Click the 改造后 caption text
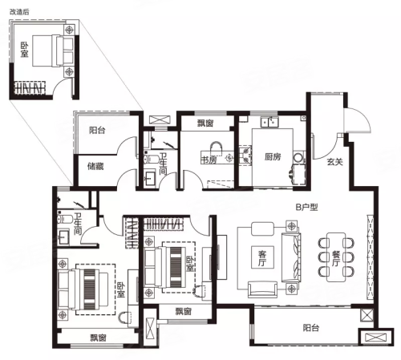[19, 12]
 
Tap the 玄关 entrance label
[334, 162]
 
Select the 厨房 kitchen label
[273, 156]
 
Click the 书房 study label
[209, 160]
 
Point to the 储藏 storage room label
[95, 167]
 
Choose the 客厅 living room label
[262, 258]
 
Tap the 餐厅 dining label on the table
[335, 258]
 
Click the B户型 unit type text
[307, 207]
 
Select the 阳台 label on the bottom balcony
[311, 328]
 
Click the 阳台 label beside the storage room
[97, 131]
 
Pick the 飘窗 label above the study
[205, 123]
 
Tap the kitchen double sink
[269, 122]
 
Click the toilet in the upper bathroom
[150, 159]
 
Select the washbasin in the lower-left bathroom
[64, 237]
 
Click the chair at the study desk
[217, 148]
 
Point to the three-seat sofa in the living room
[291, 257]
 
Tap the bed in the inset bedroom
[53, 51]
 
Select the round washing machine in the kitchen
[298, 158]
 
